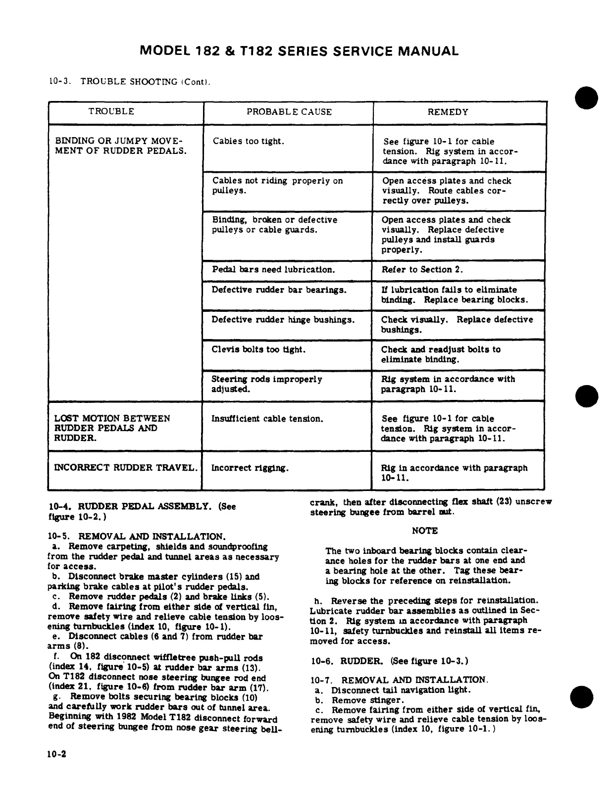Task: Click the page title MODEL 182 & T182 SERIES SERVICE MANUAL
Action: (299, 51)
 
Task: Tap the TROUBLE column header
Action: (111, 112)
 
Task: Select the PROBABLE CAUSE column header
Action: (289, 112)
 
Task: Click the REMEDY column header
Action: (448, 112)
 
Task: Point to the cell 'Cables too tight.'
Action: (249, 142)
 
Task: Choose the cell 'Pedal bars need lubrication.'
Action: (273, 270)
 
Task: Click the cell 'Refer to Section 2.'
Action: (422, 270)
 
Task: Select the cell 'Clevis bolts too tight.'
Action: (258, 349)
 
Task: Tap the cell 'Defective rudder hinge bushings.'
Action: (283, 320)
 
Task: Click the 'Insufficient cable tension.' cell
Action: (267, 419)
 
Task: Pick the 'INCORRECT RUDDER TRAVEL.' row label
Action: (125, 468)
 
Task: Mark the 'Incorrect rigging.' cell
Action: (250, 468)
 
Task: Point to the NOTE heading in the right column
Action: (424, 531)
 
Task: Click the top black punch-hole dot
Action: (586, 98)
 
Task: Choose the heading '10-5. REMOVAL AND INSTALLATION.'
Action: (137, 537)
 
